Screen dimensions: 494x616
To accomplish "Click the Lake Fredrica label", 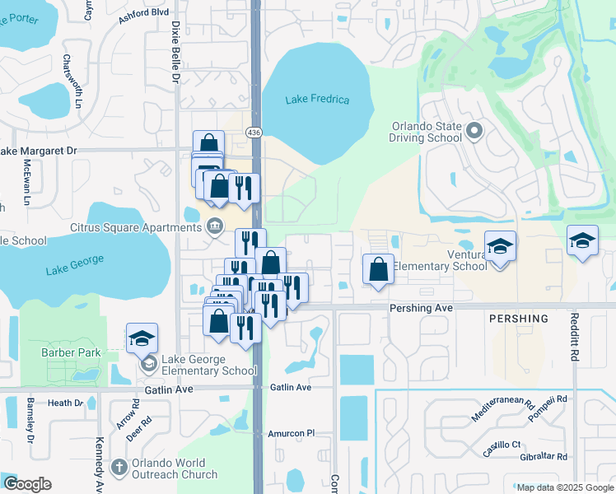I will pyautogui.click(x=317, y=100).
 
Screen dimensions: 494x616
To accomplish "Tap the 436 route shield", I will pyautogui.click(x=255, y=132).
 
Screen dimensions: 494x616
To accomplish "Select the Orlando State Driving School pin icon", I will pyautogui.click(x=474, y=130).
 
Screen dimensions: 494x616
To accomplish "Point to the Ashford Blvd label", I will pyautogui.click(x=143, y=12).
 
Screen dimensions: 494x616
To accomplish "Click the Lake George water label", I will pyautogui.click(x=75, y=264).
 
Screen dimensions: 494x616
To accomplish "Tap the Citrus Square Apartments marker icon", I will pyautogui.click(x=216, y=226).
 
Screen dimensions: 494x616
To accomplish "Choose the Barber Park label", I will pyautogui.click(x=71, y=353).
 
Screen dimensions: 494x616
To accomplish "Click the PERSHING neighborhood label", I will pyautogui.click(x=519, y=319).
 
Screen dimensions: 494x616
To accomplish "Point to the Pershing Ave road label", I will pyautogui.click(x=422, y=306).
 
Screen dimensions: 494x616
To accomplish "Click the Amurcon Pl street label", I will pyautogui.click(x=292, y=433).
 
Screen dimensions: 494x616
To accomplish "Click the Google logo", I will pyautogui.click(x=27, y=484).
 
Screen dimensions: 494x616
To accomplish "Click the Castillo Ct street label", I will pyautogui.click(x=502, y=445).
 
